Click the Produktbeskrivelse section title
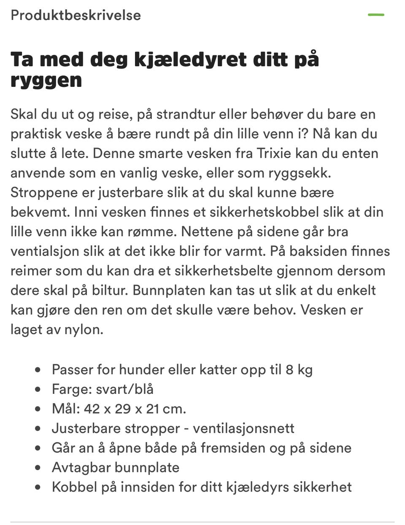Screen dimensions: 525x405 click(x=76, y=15)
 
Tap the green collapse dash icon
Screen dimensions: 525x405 click(x=376, y=15)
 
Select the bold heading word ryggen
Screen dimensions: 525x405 click(x=46, y=80)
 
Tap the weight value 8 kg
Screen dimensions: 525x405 click(x=299, y=370)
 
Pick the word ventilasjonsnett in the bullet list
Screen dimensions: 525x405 click(x=243, y=428)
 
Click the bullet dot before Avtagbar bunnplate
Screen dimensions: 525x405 click(x=38, y=468)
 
